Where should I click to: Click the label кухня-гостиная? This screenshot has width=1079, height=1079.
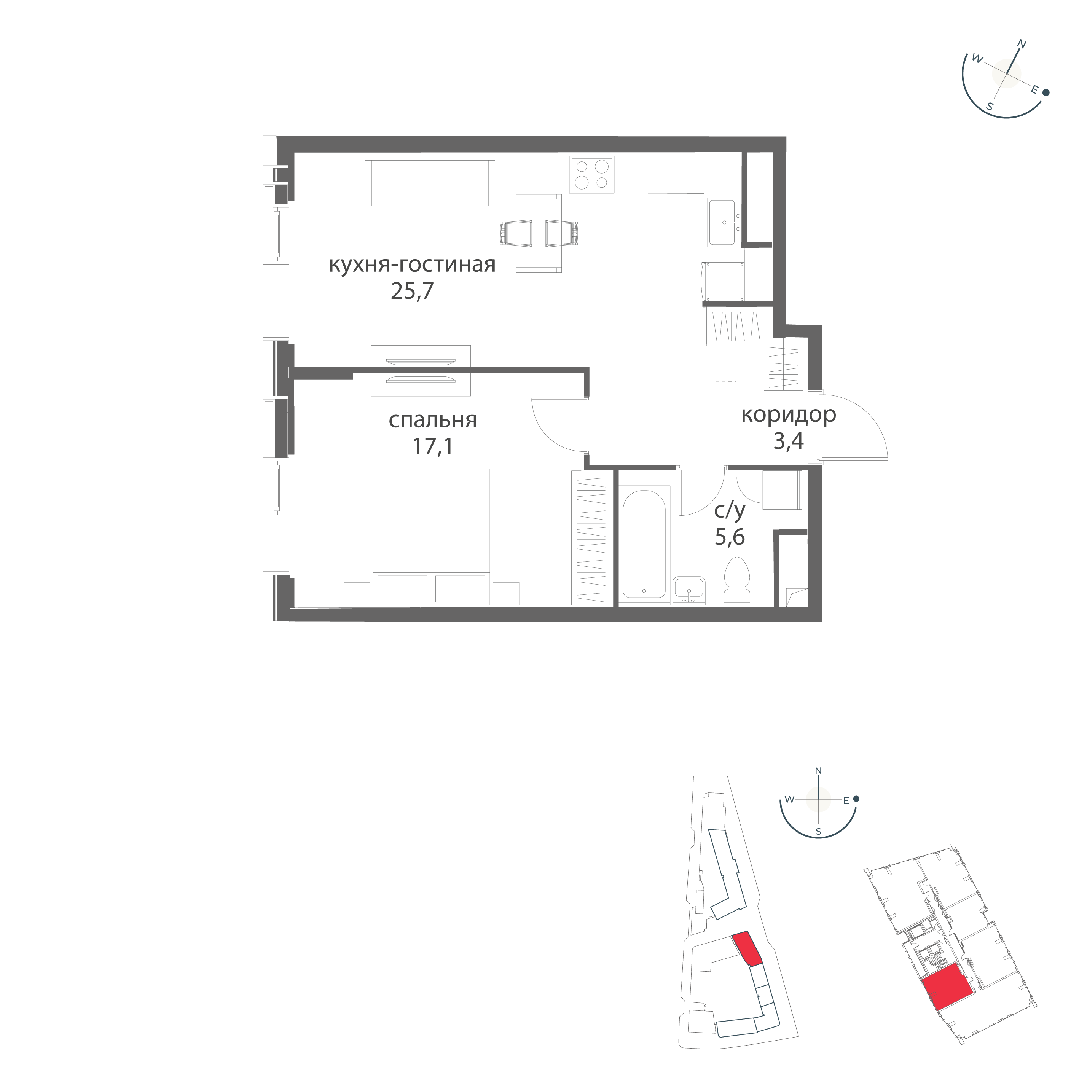(x=412, y=265)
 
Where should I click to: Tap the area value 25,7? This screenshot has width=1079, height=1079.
(x=412, y=291)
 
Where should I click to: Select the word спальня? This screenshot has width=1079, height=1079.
(x=433, y=421)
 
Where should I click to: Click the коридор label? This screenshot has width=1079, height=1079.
(x=789, y=415)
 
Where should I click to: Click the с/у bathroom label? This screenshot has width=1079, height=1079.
(x=730, y=510)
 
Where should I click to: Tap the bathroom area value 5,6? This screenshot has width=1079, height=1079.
(x=730, y=537)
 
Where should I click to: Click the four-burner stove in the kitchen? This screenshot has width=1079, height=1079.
(x=592, y=174)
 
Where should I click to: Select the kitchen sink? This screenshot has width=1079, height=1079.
(x=724, y=222)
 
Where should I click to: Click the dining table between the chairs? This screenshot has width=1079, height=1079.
(x=539, y=233)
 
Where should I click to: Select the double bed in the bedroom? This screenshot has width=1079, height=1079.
(x=431, y=536)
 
